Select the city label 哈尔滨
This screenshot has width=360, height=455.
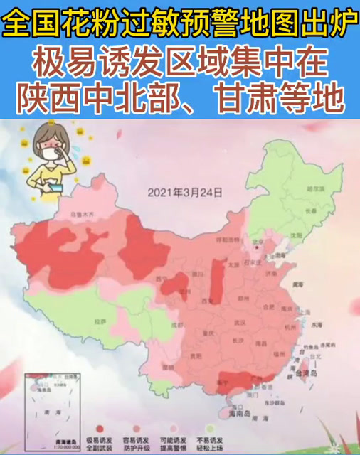pyautogui.click(x=310, y=189)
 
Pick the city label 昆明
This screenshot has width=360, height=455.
pyautogui.click(x=166, y=367)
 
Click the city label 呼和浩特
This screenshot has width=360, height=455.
pyautogui.click(x=226, y=240)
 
